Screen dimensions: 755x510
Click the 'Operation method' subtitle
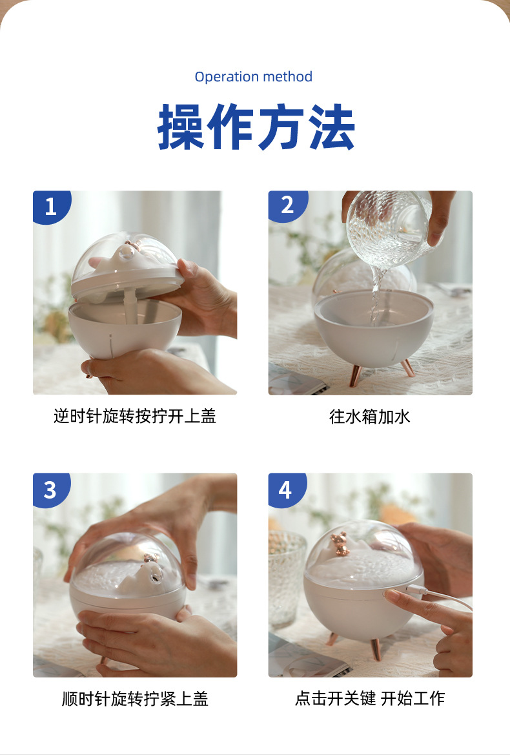[254, 77]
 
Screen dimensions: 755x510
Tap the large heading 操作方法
[256, 127]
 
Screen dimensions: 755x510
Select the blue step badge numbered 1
[50, 207]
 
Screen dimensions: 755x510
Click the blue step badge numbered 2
[287, 205]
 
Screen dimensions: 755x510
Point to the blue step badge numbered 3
[50, 490]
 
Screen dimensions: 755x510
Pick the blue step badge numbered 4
[285, 490]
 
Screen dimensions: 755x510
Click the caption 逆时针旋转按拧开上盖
[134, 417]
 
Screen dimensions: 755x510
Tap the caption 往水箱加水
[370, 417]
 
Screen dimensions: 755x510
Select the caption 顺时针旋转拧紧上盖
[134, 699]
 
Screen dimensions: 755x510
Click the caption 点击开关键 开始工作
[370, 698]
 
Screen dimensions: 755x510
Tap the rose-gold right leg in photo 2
[408, 368]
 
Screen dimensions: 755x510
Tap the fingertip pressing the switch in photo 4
[391, 595]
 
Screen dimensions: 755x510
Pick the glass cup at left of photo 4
[286, 575]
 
